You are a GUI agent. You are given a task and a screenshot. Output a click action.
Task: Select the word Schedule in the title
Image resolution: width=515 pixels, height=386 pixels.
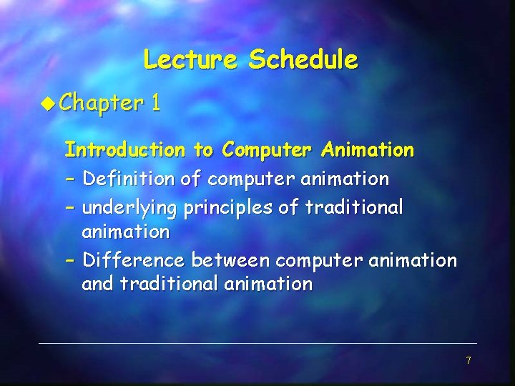[303, 59]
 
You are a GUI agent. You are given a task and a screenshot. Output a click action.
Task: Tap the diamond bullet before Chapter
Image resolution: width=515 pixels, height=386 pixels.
[48, 104]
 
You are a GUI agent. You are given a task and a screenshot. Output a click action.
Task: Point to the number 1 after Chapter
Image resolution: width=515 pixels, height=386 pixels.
[155, 104]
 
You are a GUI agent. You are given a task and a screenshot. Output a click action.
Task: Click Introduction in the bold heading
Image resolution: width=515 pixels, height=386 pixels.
[124, 150]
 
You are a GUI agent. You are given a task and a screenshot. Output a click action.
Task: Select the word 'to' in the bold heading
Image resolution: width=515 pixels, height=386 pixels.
[203, 150]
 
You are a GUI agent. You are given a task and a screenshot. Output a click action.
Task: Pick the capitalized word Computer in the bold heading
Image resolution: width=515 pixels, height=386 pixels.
[267, 150]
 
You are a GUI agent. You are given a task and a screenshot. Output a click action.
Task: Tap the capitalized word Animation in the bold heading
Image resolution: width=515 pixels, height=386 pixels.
[368, 150]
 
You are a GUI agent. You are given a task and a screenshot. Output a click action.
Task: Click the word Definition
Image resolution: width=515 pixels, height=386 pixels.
[129, 179]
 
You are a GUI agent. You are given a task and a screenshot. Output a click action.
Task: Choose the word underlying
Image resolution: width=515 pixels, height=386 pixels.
[129, 208]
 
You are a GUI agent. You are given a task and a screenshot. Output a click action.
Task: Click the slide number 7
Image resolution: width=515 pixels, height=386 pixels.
[469, 360]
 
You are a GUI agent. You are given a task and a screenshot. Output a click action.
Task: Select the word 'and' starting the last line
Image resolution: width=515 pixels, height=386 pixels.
[98, 284]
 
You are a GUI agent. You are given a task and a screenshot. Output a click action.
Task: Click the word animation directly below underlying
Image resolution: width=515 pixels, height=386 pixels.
[126, 232]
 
